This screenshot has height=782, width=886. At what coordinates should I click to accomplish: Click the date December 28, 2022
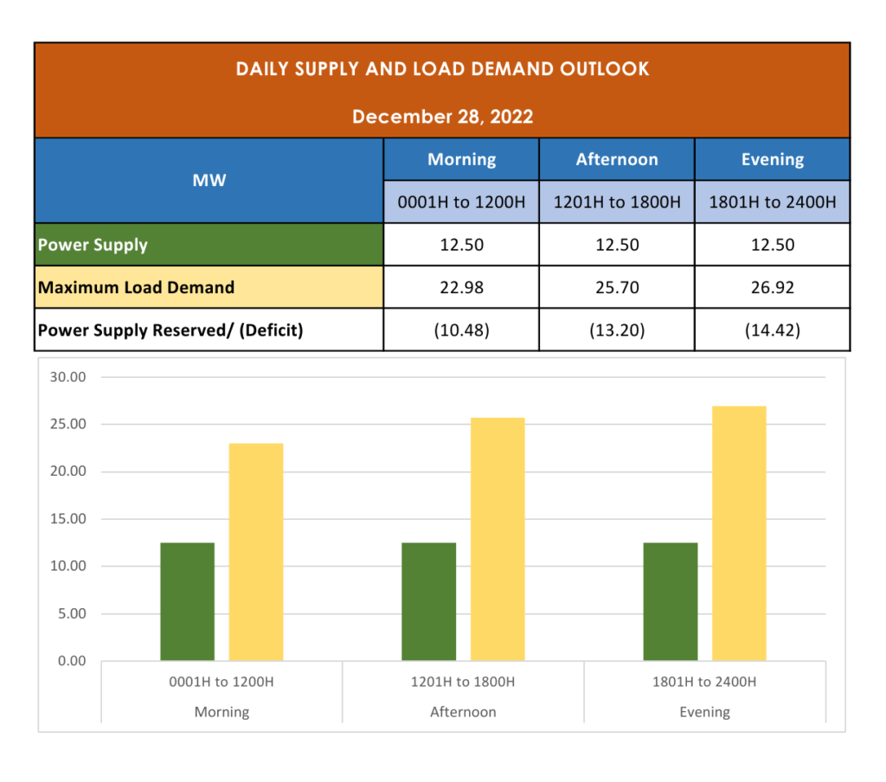(x=442, y=117)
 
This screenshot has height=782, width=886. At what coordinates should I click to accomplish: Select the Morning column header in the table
(x=461, y=159)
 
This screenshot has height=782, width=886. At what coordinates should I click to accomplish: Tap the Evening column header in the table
(x=772, y=159)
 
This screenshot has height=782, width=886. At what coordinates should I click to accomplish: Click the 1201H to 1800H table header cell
(x=617, y=202)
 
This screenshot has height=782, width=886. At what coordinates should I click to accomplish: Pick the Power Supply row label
(x=93, y=245)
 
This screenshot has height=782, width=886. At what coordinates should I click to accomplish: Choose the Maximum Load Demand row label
(x=136, y=287)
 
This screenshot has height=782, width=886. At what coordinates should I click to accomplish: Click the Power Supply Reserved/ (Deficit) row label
(x=170, y=330)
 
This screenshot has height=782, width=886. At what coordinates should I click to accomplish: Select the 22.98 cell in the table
(x=461, y=287)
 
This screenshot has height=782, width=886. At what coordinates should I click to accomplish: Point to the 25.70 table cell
(x=617, y=287)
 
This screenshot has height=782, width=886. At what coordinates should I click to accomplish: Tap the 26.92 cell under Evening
(x=772, y=287)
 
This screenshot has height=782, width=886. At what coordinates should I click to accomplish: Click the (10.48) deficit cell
(x=461, y=330)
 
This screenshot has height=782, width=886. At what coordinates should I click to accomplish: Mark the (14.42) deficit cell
(x=772, y=330)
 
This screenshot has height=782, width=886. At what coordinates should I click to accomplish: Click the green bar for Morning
(x=187, y=602)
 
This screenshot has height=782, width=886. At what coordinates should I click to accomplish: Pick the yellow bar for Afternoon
(x=498, y=540)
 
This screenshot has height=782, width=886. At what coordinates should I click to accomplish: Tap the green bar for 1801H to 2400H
(x=671, y=602)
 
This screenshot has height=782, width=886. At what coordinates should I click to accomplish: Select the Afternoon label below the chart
(x=463, y=712)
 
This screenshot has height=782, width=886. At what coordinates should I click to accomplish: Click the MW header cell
(x=209, y=181)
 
